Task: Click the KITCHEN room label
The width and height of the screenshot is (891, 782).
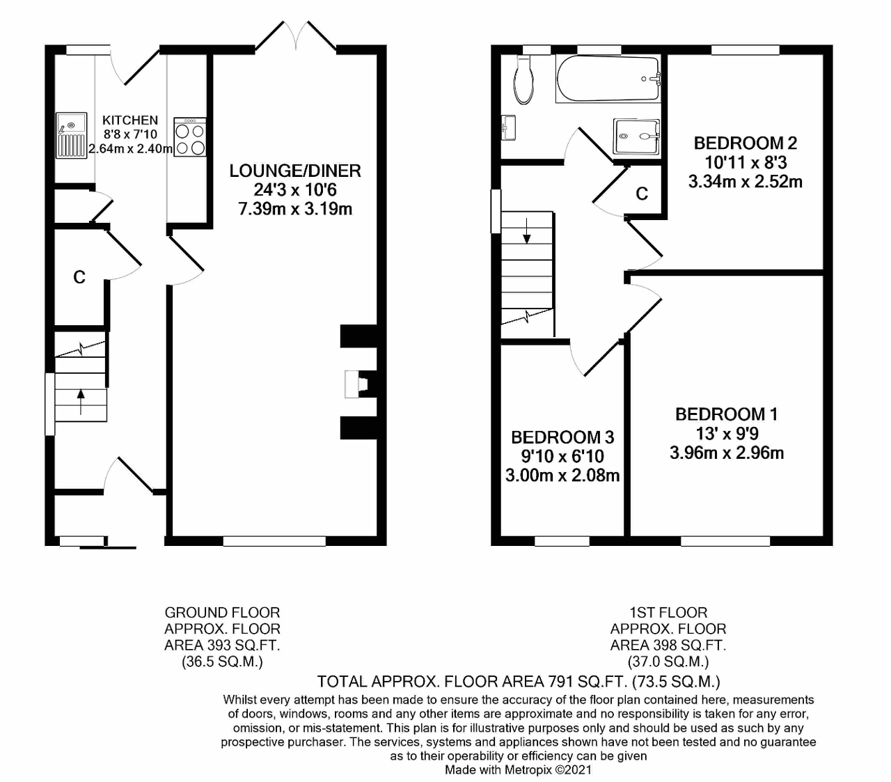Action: point(130,120)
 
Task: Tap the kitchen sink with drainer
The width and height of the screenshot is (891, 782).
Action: point(70,135)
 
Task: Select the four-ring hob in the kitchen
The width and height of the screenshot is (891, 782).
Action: point(190,137)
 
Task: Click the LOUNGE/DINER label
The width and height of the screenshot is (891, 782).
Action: point(295,171)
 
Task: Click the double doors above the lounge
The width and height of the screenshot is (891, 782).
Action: point(295,35)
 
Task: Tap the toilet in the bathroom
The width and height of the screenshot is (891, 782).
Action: point(523,79)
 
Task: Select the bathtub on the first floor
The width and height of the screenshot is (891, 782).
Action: point(608,79)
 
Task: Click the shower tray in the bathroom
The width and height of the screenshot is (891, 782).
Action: point(636,136)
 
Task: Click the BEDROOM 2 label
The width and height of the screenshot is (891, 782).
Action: point(746,143)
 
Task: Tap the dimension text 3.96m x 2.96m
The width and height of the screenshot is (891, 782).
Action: point(727,453)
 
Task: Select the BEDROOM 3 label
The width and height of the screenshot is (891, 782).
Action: point(562,437)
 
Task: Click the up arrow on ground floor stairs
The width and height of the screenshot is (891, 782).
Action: point(81,402)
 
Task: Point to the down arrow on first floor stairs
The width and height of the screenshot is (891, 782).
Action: point(526,230)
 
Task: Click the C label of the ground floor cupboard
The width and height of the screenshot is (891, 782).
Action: point(79,277)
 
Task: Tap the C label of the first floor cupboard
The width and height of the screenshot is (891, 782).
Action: point(642,193)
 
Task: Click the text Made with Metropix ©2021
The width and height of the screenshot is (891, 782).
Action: point(518,769)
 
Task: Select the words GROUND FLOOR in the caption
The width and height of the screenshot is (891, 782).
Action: point(222,613)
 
